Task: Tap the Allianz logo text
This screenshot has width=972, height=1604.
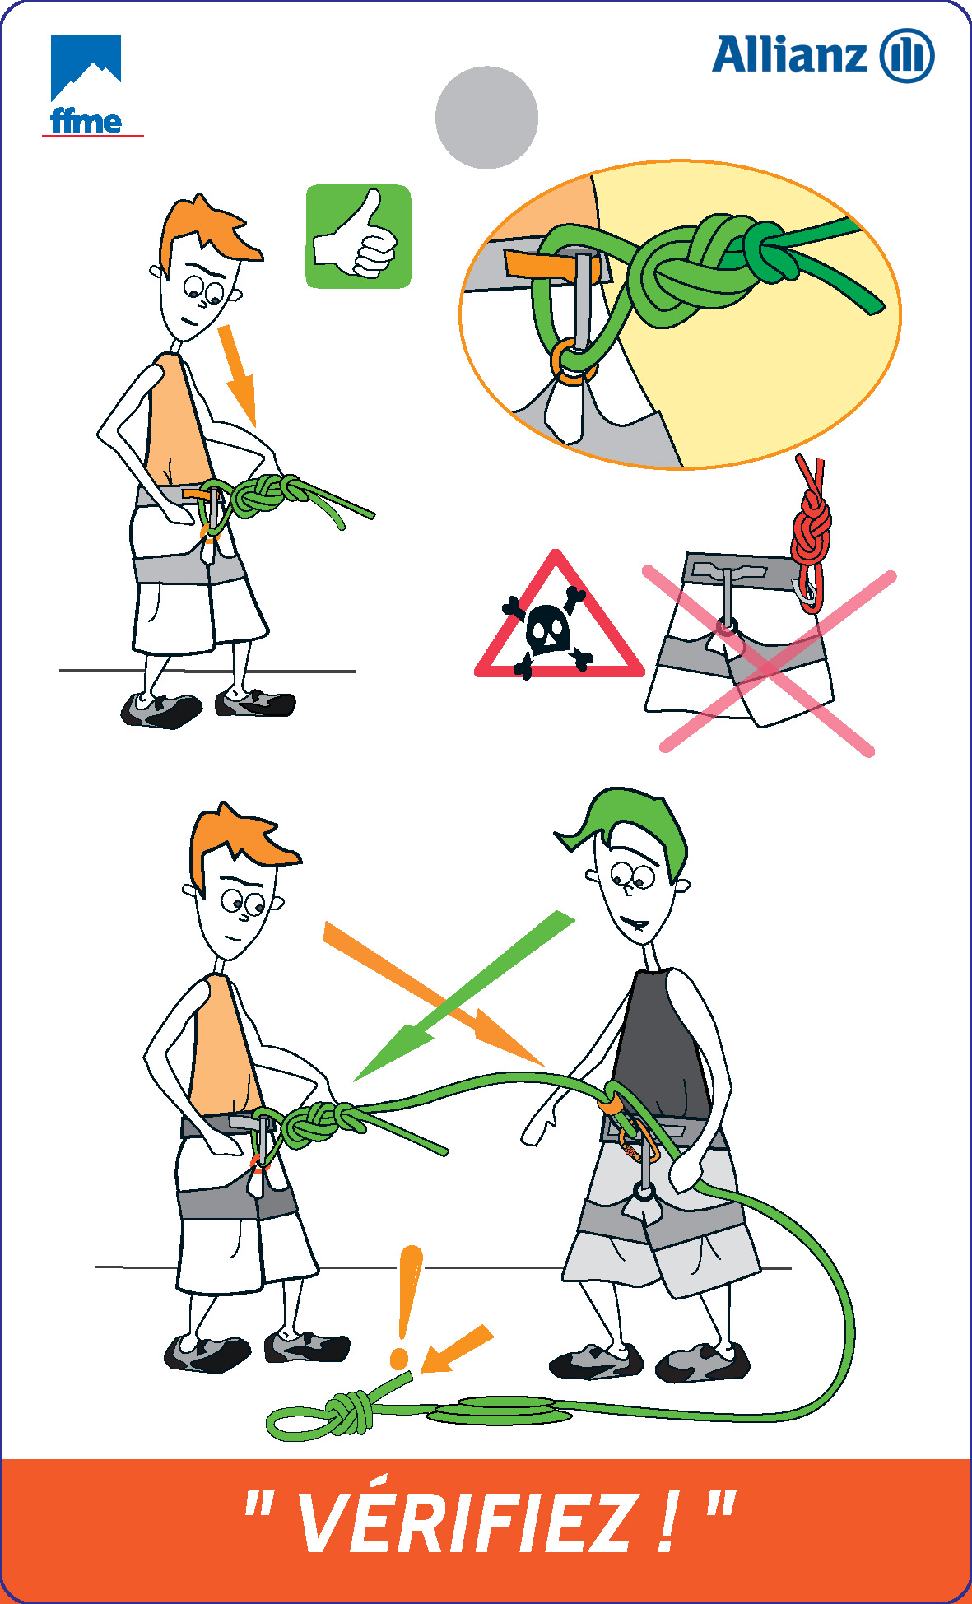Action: coord(789,56)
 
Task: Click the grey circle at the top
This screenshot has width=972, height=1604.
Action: coord(486,118)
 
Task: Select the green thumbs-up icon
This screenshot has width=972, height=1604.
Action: coord(358,236)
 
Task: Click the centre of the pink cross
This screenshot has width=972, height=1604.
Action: coord(770,658)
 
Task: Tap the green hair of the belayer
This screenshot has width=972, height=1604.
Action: coord(630,827)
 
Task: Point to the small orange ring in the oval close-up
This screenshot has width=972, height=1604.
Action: coord(573,362)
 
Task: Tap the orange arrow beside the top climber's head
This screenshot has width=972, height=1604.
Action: coord(238,374)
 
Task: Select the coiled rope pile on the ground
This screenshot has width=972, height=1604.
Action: coord(499,1411)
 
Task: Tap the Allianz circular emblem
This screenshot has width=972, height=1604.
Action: coord(907,56)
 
